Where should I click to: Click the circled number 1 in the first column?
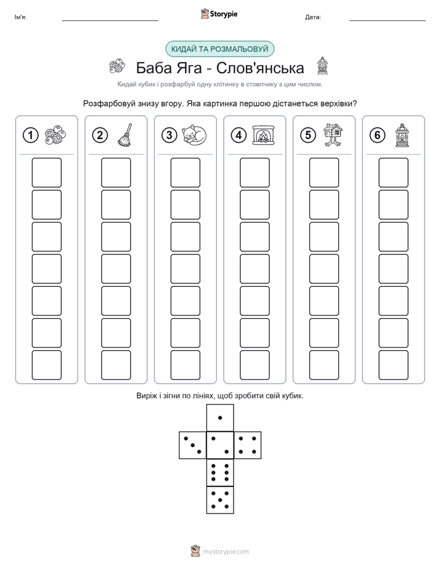30,135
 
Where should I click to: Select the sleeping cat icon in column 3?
194,135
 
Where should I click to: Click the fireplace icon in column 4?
264,135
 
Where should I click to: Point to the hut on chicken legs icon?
333,135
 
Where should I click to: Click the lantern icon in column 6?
402,135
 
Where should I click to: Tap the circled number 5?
308,135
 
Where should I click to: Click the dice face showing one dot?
220,418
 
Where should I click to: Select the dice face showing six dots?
220,472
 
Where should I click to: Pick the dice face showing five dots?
220,500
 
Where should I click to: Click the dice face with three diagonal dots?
193,445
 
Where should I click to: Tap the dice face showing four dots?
248,445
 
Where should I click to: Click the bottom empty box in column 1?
46,365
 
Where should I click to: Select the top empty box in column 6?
393,172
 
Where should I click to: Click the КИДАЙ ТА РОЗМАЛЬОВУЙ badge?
219,49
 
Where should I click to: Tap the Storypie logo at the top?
219,14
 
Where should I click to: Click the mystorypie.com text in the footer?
226,552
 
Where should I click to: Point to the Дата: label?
313,17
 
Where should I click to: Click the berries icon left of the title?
117,67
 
